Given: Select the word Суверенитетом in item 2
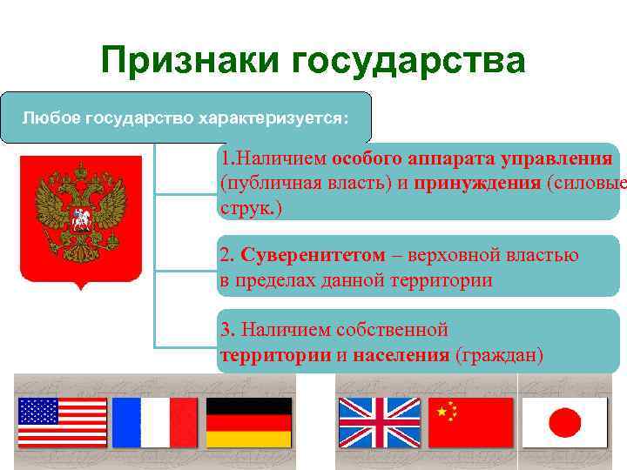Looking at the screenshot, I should pos(313,256).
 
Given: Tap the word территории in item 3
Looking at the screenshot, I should pos(274,355).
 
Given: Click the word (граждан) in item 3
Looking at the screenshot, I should pos(500,355).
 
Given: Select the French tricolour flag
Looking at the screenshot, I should pos(155,422).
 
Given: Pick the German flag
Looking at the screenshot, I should pos(248,422).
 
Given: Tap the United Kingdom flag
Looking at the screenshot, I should pos(380,422).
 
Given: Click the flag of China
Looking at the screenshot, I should pos(472,422).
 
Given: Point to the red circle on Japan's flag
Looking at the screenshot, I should pos(564,423).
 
